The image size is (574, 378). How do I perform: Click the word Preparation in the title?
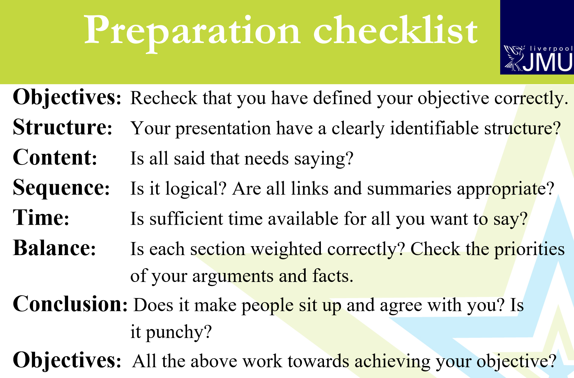click(192, 32)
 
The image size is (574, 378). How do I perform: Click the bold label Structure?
click(63, 127)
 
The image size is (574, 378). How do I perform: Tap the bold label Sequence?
click(61, 188)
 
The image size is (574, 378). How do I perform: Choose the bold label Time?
click(41, 218)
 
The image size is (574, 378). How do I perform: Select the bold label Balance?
click(54, 248)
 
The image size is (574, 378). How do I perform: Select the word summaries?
click(409, 189)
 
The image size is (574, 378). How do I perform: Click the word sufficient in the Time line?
click(186, 219)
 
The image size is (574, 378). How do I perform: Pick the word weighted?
click(286, 249)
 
